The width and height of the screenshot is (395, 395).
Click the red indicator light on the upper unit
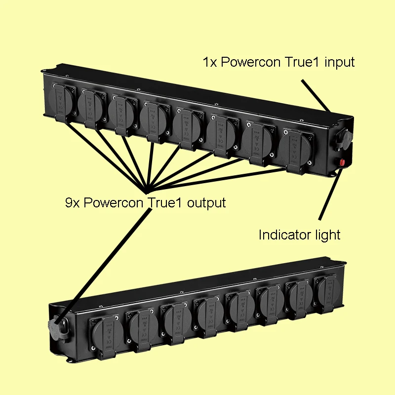point(341,162)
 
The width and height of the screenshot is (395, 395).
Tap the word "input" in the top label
point(339,63)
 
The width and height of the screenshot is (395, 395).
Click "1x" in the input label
point(209,63)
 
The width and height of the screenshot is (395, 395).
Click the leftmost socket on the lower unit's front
point(104,331)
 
